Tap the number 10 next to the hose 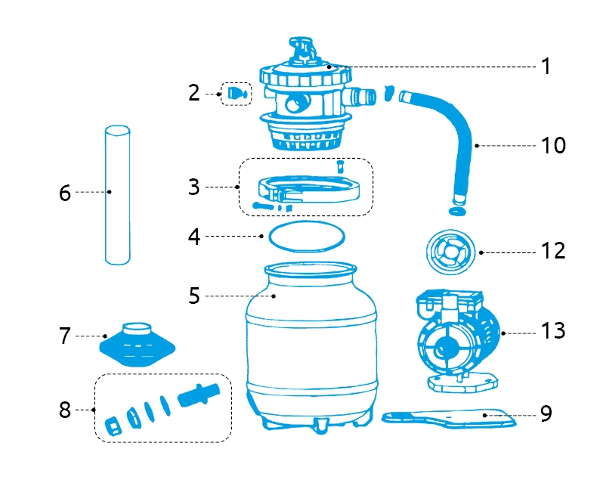point(554,145)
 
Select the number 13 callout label point(553,331)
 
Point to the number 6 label point(65,193)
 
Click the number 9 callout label point(546,413)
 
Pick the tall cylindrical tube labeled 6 point(117,195)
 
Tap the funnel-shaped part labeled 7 point(138,345)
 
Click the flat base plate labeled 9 point(450,416)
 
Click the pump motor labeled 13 point(453,336)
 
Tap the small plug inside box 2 point(237,94)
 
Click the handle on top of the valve point(304,47)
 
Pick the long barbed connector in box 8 point(202,395)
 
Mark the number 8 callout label point(65,410)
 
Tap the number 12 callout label point(554,250)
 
